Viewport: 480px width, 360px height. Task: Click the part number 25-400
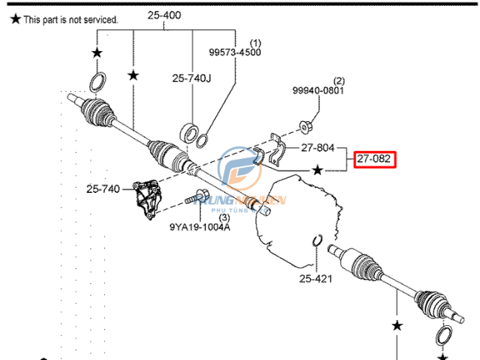click(163, 14)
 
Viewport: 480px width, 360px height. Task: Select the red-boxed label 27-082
click(375, 159)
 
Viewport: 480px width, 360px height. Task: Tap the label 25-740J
click(192, 78)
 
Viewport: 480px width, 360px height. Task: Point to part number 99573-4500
click(234, 52)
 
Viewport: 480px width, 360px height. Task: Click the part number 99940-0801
click(318, 91)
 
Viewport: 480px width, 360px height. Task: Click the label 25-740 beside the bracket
click(103, 189)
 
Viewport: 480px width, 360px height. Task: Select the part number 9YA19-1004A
click(199, 228)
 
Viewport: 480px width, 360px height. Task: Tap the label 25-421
click(316, 279)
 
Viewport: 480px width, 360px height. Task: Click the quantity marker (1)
click(256, 43)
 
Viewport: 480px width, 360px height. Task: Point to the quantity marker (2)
click(339, 81)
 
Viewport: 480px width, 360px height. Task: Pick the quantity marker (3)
click(224, 217)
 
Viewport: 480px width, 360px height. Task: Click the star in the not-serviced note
click(15, 20)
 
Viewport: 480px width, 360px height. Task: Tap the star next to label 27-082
click(318, 170)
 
